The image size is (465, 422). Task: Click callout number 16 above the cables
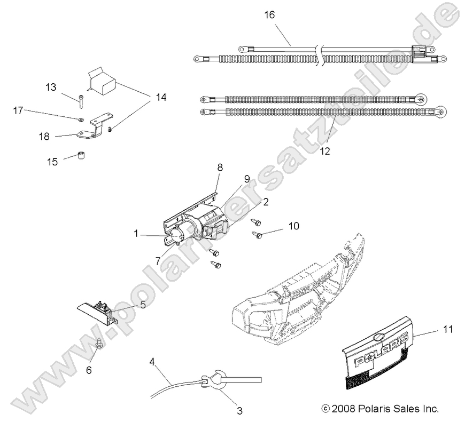[x=269, y=14]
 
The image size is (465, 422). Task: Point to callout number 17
[x=18, y=110]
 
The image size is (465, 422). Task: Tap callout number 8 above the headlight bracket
[x=219, y=167]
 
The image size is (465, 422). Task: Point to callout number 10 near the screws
[x=293, y=226]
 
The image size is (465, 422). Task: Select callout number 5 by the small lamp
[x=142, y=305]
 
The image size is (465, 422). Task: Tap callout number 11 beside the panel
[x=448, y=329]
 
